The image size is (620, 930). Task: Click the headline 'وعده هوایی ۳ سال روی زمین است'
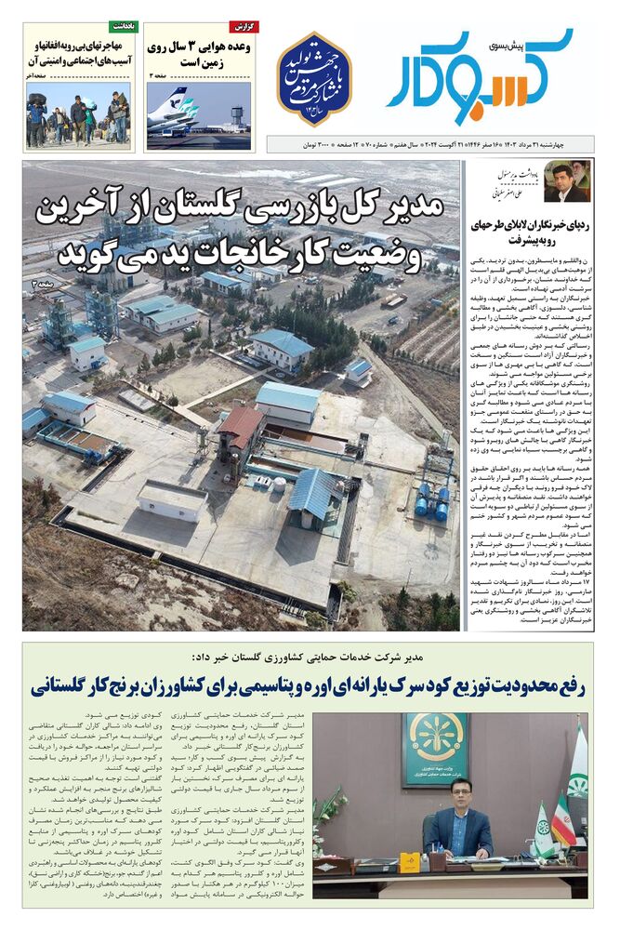click(x=198, y=53)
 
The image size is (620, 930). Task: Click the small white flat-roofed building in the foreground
click(x=171, y=499)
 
